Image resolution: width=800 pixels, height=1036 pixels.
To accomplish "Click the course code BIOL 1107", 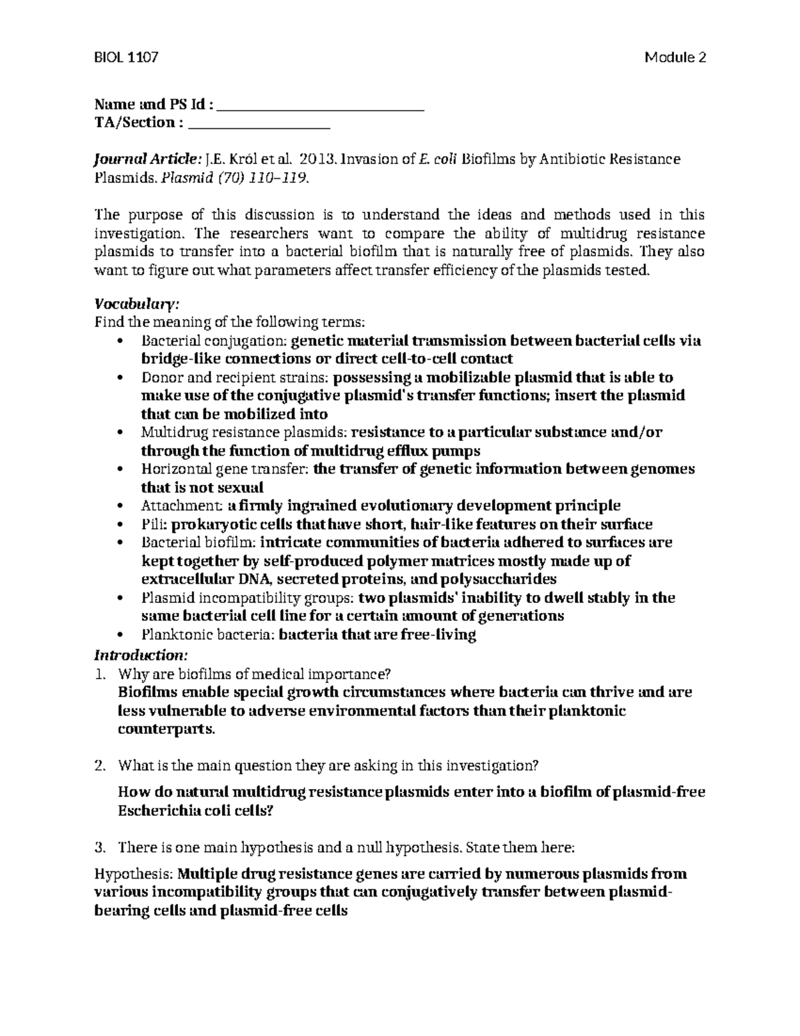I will click(x=126, y=57).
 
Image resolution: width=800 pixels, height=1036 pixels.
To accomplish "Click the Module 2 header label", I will click(x=675, y=57).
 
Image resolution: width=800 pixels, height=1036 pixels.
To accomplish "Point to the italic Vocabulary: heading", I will click(x=137, y=304).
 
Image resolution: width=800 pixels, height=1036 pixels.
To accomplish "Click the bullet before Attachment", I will click(x=120, y=506).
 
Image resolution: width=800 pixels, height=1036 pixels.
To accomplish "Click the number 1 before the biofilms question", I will click(x=100, y=673).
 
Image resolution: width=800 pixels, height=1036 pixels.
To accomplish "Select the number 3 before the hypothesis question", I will click(x=100, y=849).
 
